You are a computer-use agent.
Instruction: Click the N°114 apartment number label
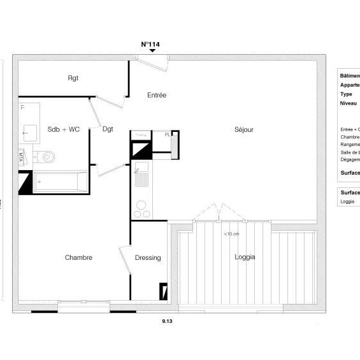[x=150, y=45]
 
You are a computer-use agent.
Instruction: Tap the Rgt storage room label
[x=73, y=78]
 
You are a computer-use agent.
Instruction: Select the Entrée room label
[x=157, y=96]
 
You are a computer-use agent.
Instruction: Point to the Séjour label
[x=243, y=129]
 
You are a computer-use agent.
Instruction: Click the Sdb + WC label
[x=64, y=129]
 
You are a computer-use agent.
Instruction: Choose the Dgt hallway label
[x=108, y=129]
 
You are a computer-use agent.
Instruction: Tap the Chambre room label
[x=78, y=257]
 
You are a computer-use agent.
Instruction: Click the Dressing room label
[x=148, y=257]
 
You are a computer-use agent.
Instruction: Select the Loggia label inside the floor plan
[x=245, y=257]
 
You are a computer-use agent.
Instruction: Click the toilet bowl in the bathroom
[x=47, y=156]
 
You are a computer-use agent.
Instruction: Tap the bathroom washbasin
[x=29, y=133]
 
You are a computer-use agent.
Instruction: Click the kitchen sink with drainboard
[x=141, y=174]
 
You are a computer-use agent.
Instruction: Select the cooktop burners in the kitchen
[x=141, y=209]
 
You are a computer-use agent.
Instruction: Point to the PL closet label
[x=168, y=134]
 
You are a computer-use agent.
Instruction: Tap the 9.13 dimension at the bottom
[x=168, y=322]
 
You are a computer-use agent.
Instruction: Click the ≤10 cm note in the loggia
[x=231, y=234]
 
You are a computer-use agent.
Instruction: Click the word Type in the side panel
[x=346, y=94]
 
